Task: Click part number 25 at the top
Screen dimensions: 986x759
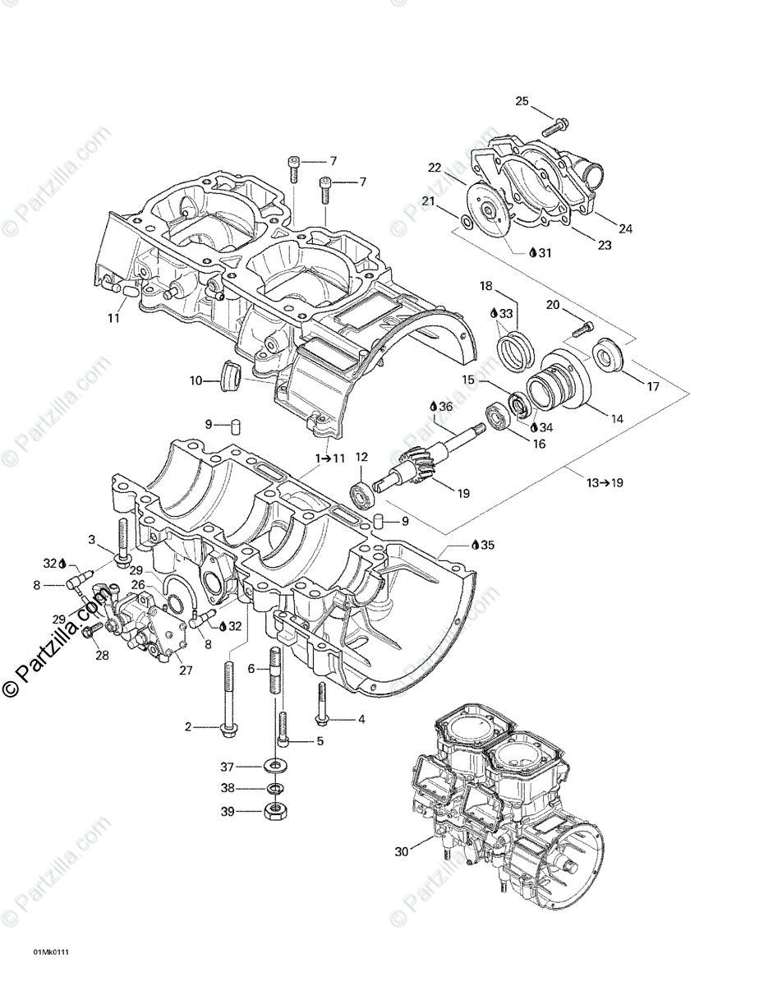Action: [x=522, y=101]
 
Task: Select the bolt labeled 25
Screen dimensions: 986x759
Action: [x=556, y=127]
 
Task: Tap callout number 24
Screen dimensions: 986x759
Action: [x=626, y=228]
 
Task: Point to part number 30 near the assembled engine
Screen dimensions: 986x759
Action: [x=401, y=852]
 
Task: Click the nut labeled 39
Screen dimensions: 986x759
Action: [x=273, y=812]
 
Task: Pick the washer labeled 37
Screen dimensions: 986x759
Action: [x=273, y=767]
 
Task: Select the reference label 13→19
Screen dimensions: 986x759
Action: [x=605, y=482]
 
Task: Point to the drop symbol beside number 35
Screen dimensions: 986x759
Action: [x=476, y=545]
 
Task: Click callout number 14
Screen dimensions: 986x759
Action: [x=617, y=418]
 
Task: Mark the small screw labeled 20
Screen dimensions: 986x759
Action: [x=582, y=329]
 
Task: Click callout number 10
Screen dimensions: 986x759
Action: [x=195, y=380]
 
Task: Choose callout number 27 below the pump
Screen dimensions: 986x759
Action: [x=186, y=670]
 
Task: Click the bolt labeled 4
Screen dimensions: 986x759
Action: [x=321, y=707]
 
